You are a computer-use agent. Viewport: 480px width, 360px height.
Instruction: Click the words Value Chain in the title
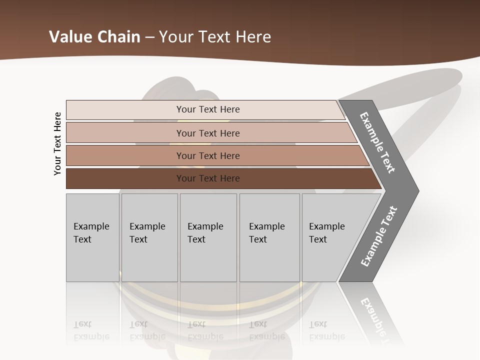click(x=94, y=37)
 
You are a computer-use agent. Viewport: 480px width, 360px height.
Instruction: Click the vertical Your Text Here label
click(x=57, y=143)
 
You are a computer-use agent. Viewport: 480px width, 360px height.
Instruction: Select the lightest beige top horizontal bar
click(x=125, y=110)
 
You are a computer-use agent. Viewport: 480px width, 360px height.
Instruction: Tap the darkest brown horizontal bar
click(x=125, y=178)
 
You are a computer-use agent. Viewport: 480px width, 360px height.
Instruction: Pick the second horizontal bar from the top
click(x=125, y=133)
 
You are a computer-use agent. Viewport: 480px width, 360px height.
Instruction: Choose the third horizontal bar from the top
click(x=125, y=155)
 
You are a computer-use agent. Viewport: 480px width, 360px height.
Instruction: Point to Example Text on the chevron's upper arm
click(x=377, y=142)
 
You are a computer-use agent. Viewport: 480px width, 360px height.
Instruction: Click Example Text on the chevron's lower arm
click(x=379, y=236)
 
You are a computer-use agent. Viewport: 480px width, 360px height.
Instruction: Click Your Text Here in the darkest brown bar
click(x=208, y=178)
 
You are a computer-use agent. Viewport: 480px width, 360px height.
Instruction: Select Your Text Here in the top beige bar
click(x=208, y=109)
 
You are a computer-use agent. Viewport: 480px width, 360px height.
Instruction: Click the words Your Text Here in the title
click(x=215, y=37)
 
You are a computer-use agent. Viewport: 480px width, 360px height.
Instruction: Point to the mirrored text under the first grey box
click(x=91, y=331)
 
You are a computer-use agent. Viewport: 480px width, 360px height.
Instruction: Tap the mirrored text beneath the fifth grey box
click(x=326, y=331)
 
